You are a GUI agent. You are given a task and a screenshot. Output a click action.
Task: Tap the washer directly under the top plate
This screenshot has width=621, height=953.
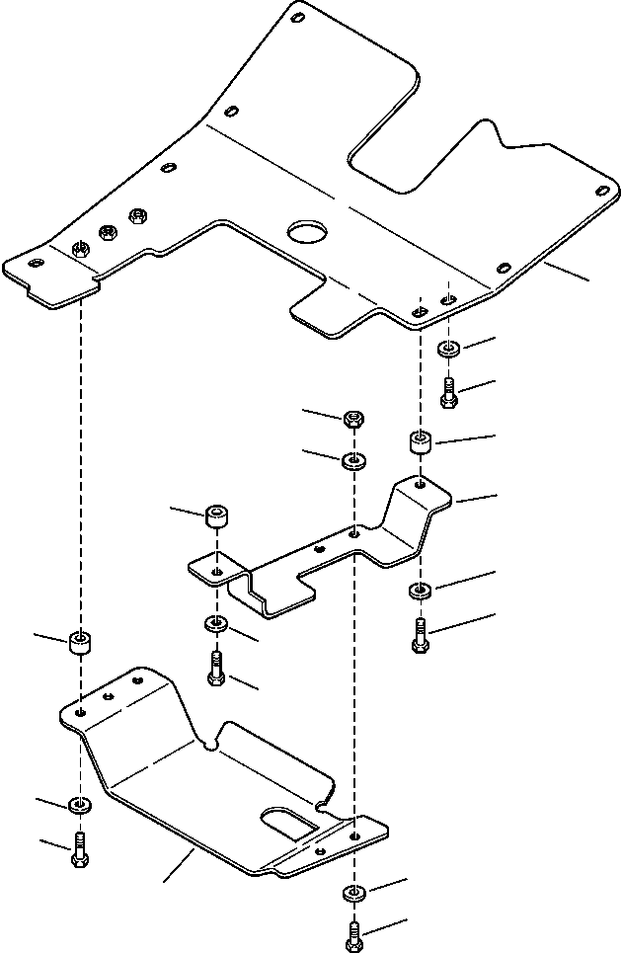tap(447, 349)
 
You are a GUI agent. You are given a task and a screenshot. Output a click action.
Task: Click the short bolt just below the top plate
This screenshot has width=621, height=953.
tap(447, 392)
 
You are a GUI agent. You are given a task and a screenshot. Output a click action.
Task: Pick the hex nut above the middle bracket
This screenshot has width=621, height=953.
tap(352, 420)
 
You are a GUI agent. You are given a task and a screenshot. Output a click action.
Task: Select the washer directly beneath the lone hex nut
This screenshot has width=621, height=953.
tap(352, 460)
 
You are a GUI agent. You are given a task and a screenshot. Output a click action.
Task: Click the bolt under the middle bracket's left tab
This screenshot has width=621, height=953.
tap(216, 671)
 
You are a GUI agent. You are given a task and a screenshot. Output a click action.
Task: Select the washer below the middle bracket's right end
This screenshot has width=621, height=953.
tap(420, 592)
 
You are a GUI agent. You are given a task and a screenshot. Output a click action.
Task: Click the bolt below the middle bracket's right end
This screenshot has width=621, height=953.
tap(420, 634)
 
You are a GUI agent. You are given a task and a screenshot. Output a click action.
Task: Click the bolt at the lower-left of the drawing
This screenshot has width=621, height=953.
tap(79, 848)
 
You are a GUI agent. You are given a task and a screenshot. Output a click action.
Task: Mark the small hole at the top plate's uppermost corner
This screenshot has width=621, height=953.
tap(297, 16)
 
